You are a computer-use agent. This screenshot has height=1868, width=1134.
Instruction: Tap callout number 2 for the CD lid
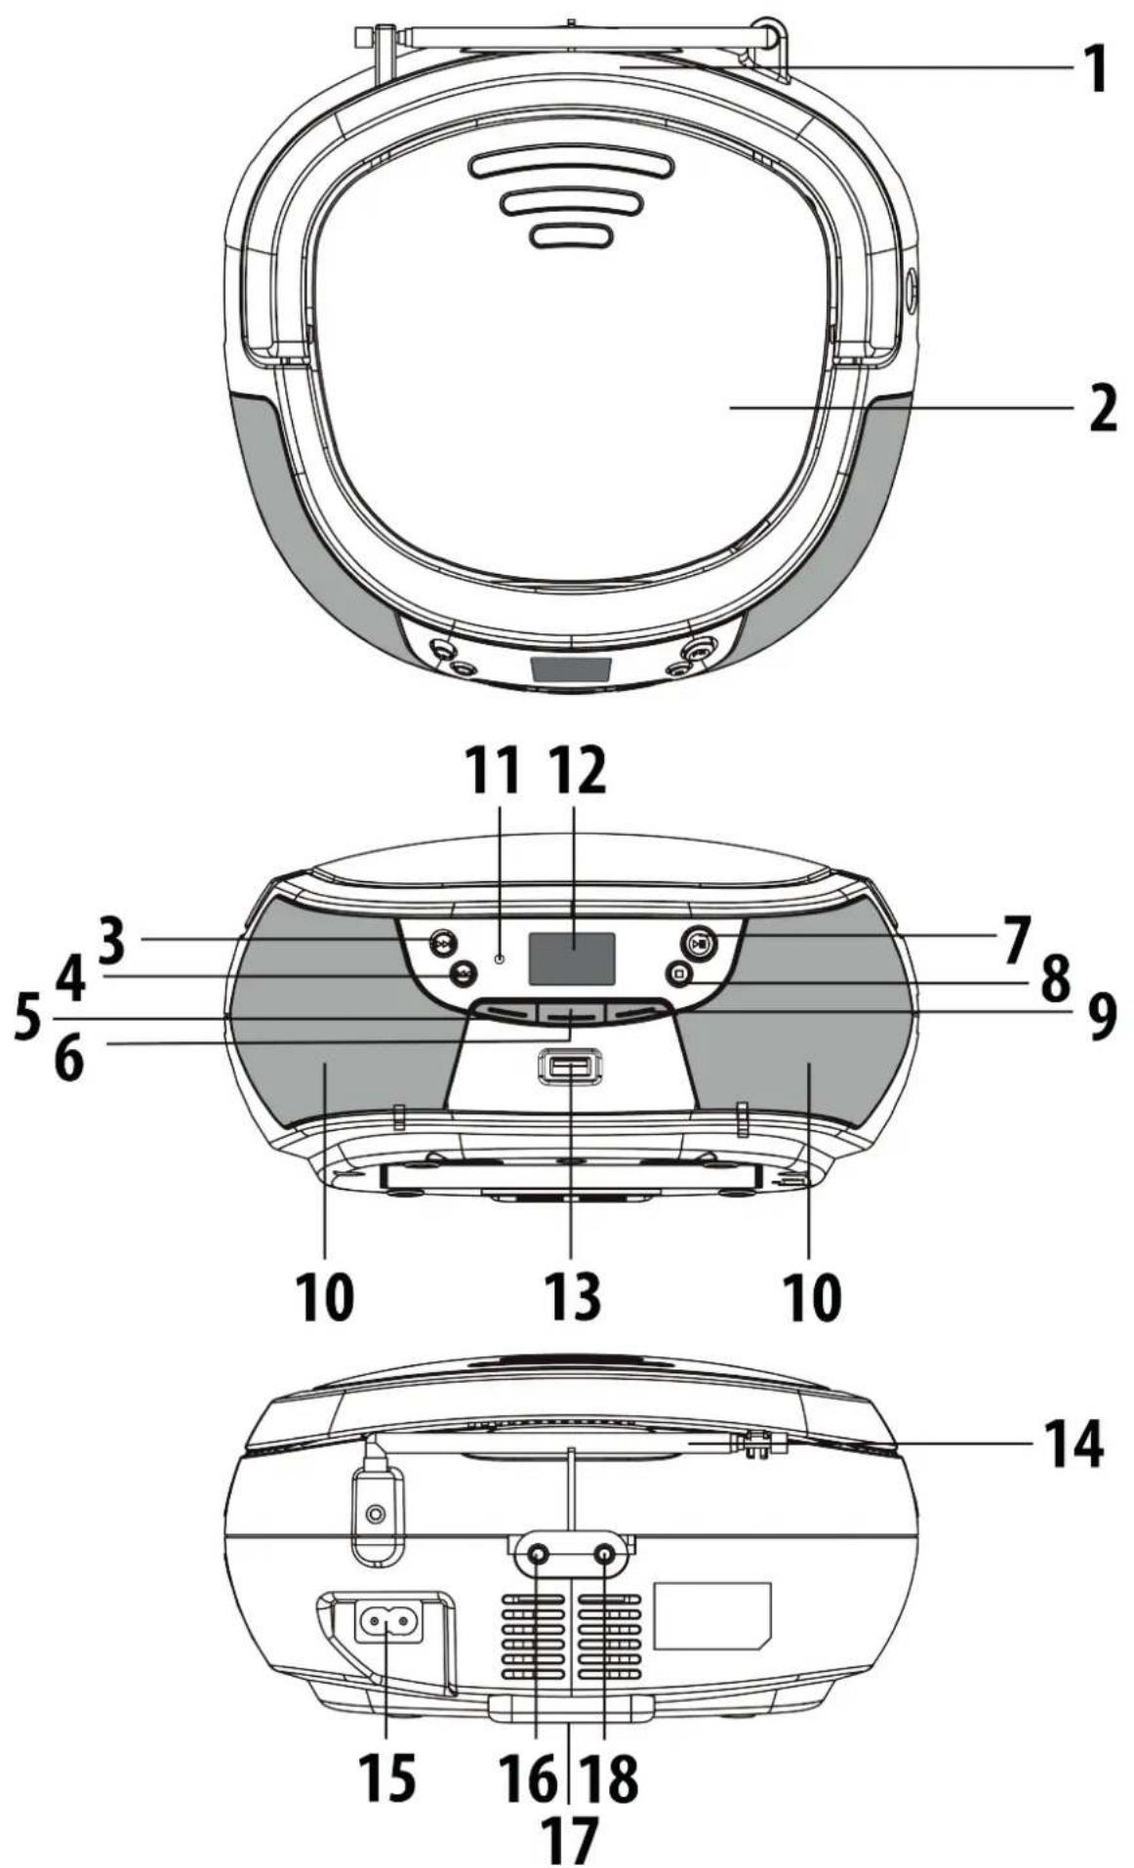click(x=1103, y=407)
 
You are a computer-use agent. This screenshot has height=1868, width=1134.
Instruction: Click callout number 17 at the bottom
click(x=569, y=1838)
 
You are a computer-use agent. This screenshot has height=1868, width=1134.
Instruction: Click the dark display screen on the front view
click(x=573, y=957)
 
